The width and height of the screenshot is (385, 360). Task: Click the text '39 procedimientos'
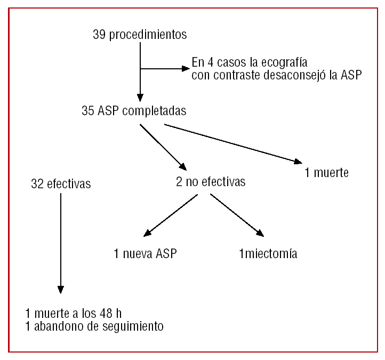[x=140, y=35]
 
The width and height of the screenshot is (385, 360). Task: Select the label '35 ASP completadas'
[x=134, y=111]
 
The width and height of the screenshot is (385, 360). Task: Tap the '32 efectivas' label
[x=61, y=184]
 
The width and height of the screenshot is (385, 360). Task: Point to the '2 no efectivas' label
[x=211, y=182]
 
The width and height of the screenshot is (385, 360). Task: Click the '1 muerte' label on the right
[x=327, y=173]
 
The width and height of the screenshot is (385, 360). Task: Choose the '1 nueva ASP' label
[x=145, y=254]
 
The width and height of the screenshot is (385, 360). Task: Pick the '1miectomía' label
[x=268, y=254]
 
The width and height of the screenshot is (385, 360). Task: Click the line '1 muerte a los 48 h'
[x=77, y=313]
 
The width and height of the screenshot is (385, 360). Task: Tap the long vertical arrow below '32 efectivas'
[x=61, y=243]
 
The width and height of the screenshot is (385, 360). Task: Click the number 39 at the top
[x=99, y=35]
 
